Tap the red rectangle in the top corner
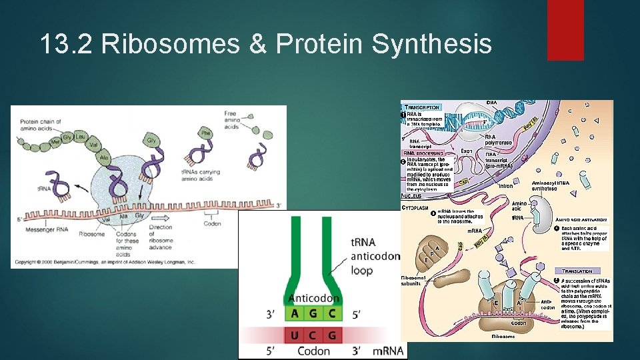[x=565, y=30]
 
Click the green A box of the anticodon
[x=296, y=313]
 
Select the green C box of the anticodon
[x=331, y=313]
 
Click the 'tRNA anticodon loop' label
[x=375, y=256]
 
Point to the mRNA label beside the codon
[x=388, y=351]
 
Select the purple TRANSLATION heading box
[x=577, y=272]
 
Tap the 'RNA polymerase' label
[x=498, y=139]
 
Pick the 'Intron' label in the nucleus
[x=506, y=186]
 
